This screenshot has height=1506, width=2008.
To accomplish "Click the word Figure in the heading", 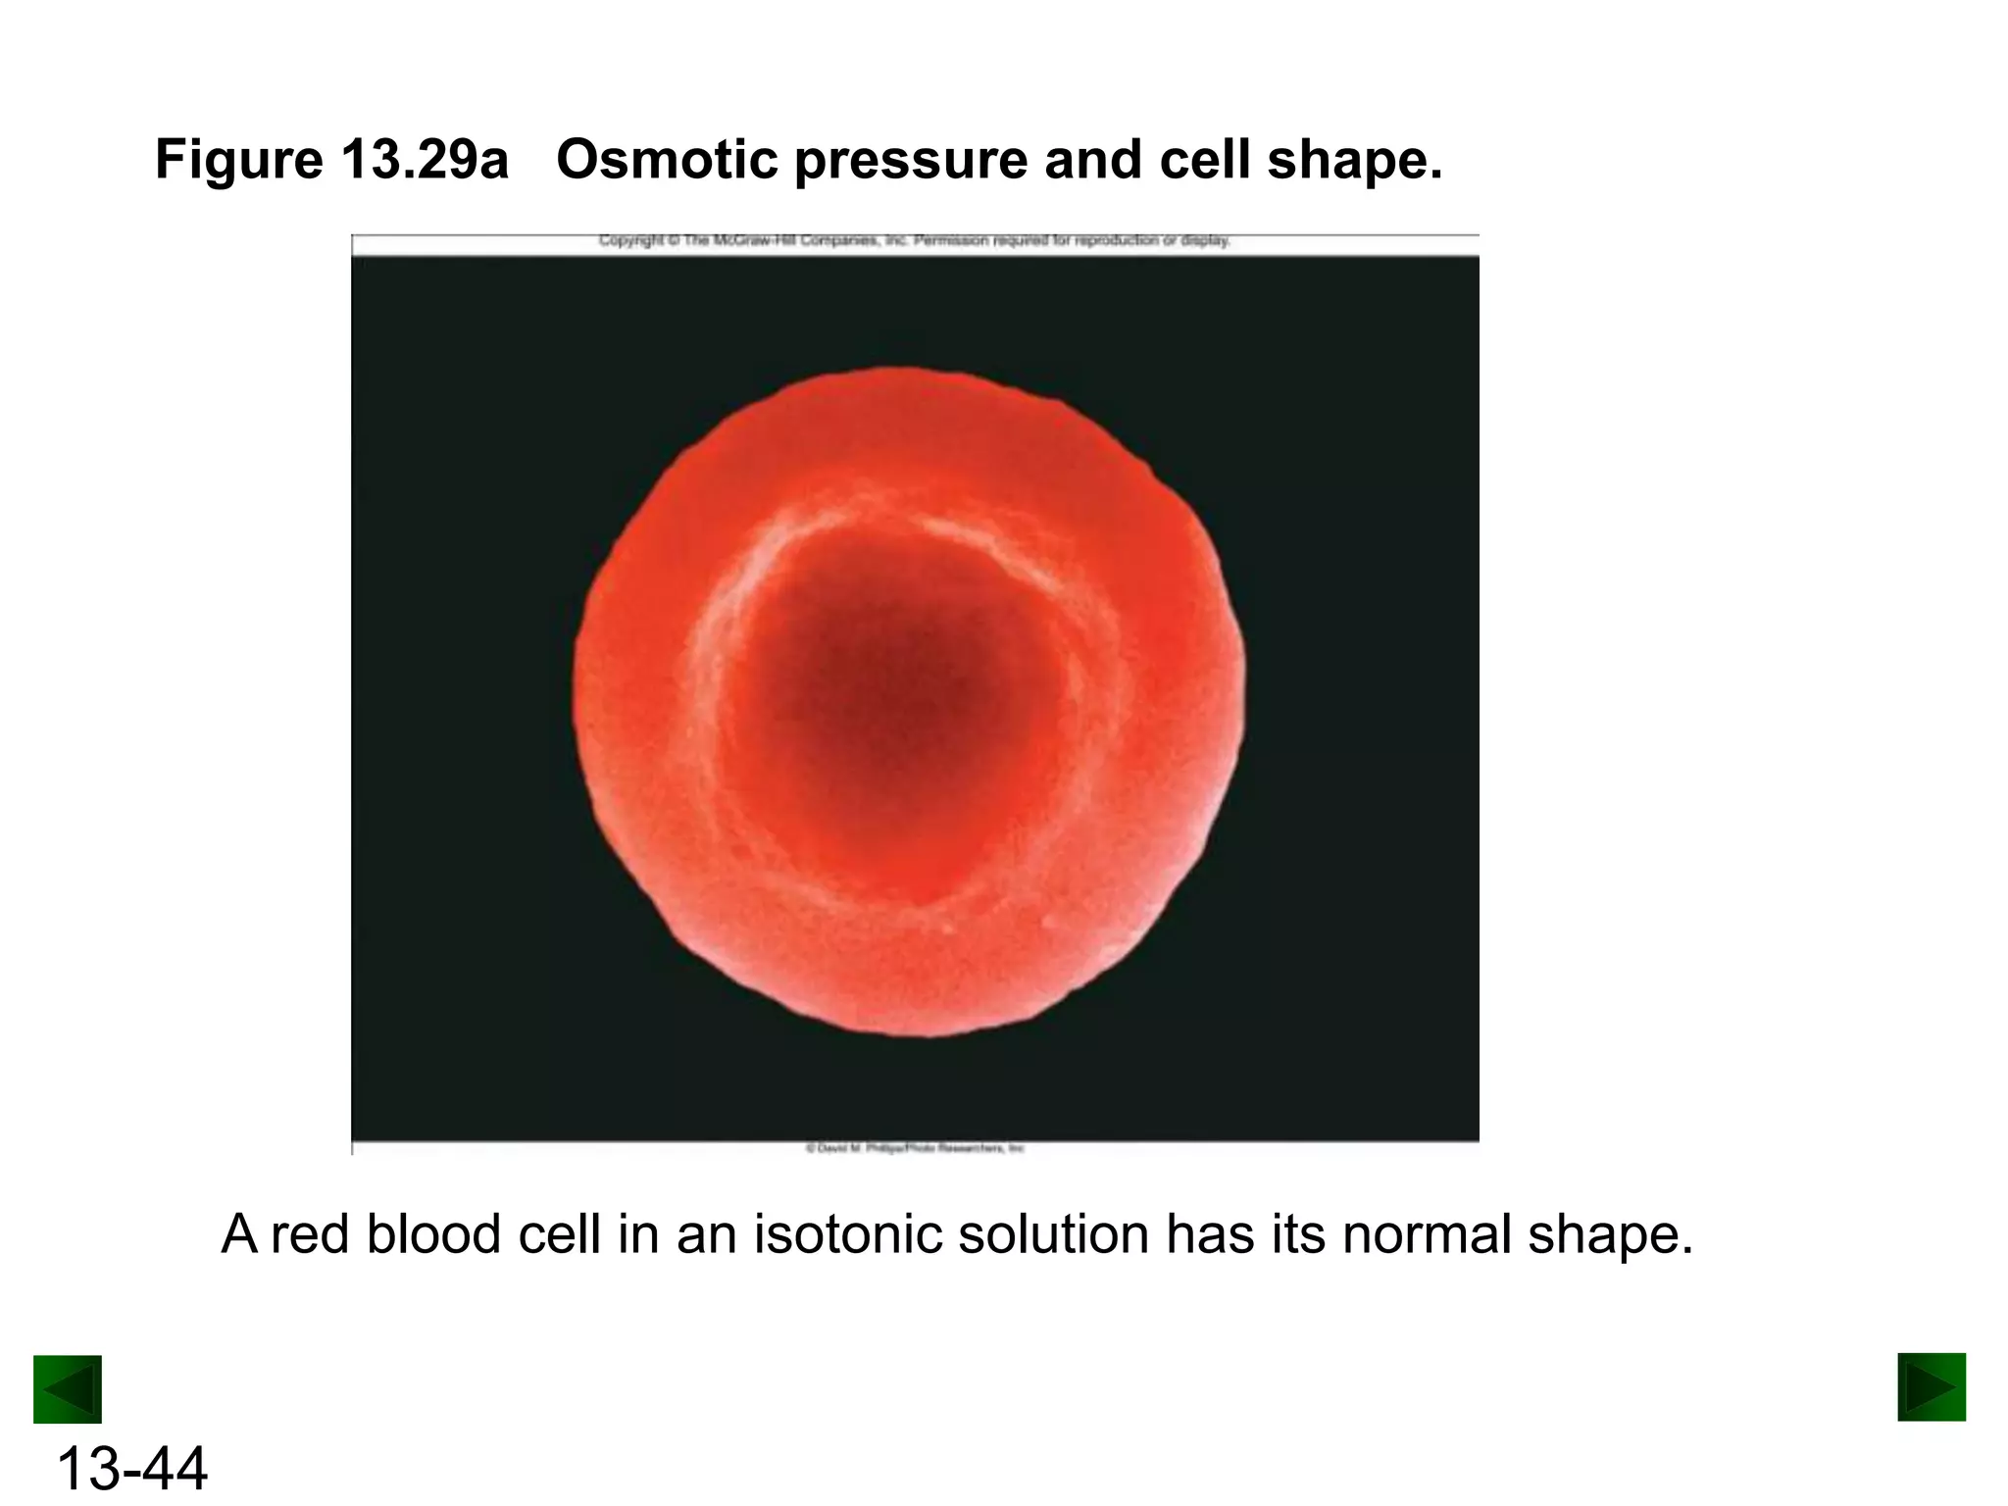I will point(238,159).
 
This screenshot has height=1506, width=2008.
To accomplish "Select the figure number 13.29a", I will point(425,159).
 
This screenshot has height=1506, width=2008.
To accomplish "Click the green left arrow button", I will point(67,1389).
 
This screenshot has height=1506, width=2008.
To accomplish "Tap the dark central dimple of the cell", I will point(887,686).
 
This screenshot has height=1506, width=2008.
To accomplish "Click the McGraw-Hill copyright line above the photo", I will point(914,240).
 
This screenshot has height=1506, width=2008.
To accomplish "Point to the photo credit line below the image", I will point(914,1147).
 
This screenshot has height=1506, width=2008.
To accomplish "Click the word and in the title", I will point(1092,159).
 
